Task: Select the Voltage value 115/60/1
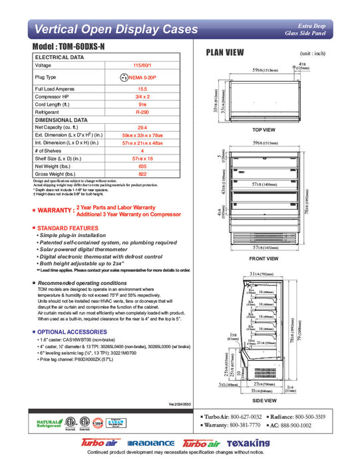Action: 142,65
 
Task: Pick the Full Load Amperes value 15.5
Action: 142,89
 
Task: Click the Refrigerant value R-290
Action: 142,113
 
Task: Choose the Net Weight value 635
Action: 142,166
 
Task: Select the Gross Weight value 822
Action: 142,174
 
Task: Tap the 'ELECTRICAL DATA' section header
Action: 59,58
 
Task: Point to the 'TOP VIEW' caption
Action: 264,129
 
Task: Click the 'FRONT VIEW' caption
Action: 264,258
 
